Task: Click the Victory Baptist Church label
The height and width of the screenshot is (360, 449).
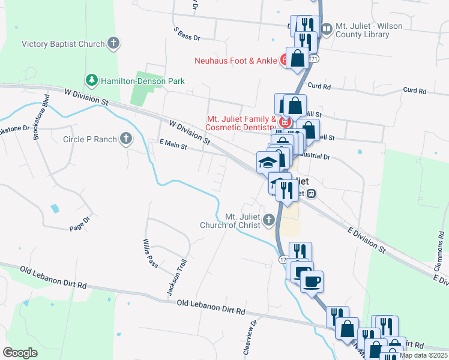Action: point(63,44)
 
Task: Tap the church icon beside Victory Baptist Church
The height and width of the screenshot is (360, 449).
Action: point(113,43)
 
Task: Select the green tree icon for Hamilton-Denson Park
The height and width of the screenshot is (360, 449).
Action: point(91,80)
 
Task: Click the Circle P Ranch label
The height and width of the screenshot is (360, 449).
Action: point(90,139)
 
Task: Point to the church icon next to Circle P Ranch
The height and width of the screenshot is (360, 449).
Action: point(126,139)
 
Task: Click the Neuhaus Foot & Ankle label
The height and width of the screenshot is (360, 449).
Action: point(235,60)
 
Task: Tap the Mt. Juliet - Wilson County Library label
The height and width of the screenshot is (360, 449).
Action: point(363,31)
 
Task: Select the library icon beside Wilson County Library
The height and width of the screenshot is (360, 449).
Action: point(327,28)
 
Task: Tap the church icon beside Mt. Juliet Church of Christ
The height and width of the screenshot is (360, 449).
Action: point(268,220)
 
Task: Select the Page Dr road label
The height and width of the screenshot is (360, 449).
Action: point(79,224)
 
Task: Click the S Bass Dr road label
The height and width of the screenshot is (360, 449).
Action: point(186,33)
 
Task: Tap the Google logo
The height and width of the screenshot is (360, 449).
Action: point(20,353)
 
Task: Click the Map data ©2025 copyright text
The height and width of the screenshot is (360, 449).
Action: point(423,355)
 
